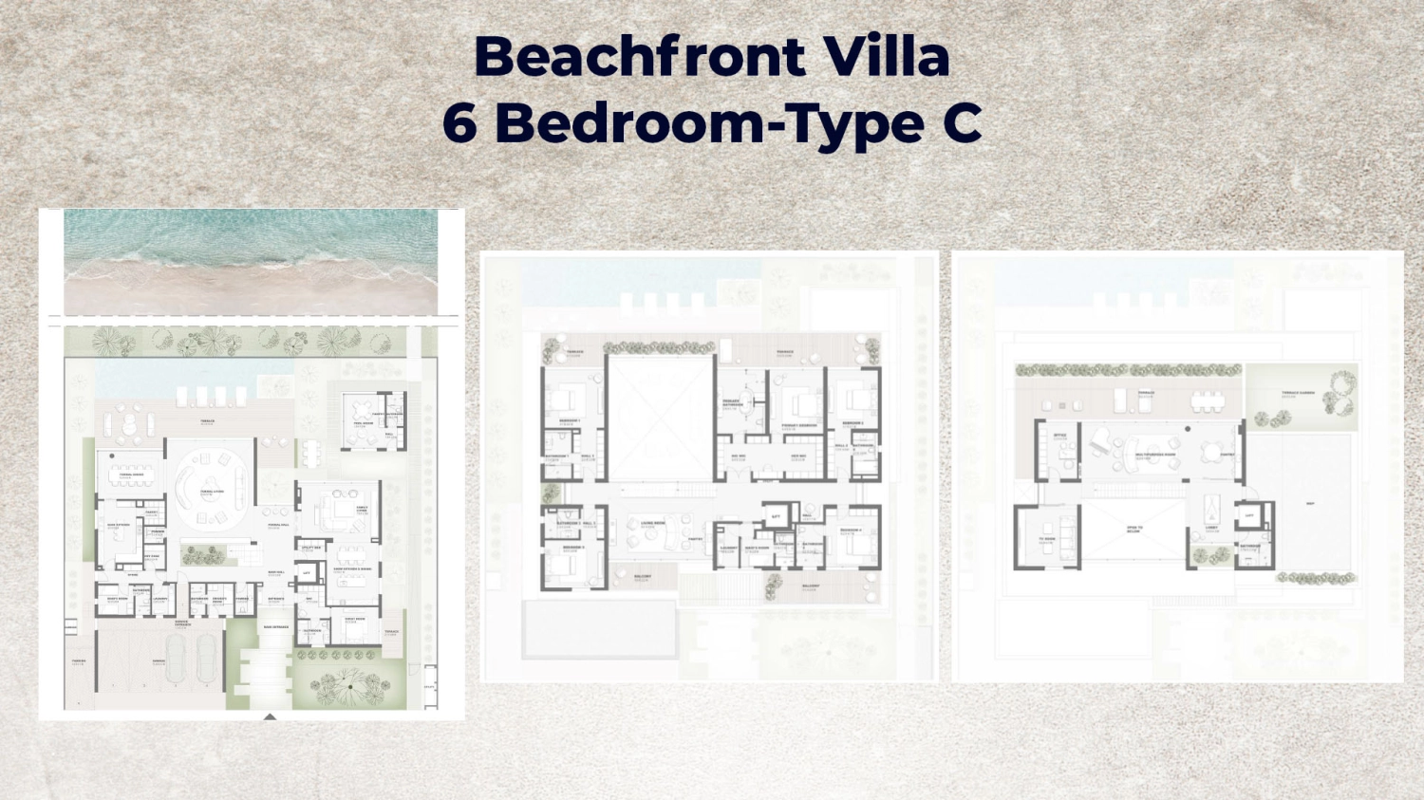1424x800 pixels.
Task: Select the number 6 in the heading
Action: coord(459,123)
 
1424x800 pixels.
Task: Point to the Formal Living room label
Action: coord(211,492)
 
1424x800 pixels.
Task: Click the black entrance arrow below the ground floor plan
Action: coord(270,716)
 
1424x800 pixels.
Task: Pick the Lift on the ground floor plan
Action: coord(307,574)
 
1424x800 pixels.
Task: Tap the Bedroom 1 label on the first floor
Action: coord(570,420)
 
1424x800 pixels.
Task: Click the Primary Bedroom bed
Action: coord(800,403)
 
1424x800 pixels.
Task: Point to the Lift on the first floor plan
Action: coord(776,515)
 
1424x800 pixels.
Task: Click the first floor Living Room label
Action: coord(653,523)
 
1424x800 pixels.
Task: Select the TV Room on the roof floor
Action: coord(1047,538)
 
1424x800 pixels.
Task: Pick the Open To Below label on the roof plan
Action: coord(1134,530)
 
